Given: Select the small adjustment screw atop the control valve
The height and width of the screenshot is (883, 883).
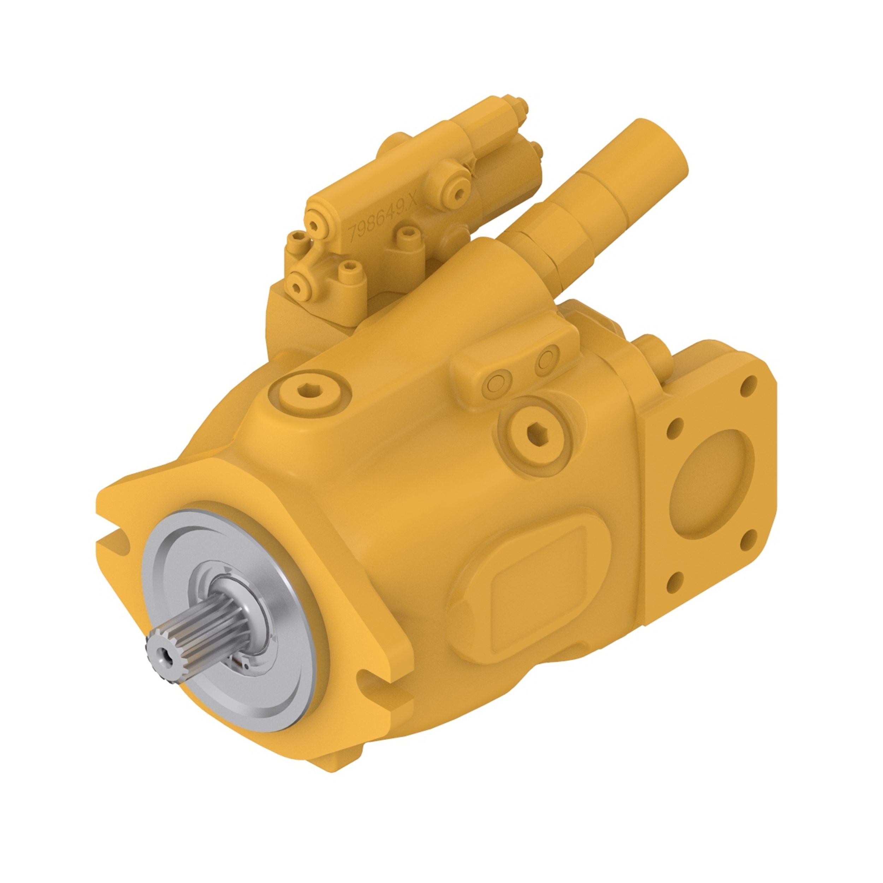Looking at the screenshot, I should pos(521,106).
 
